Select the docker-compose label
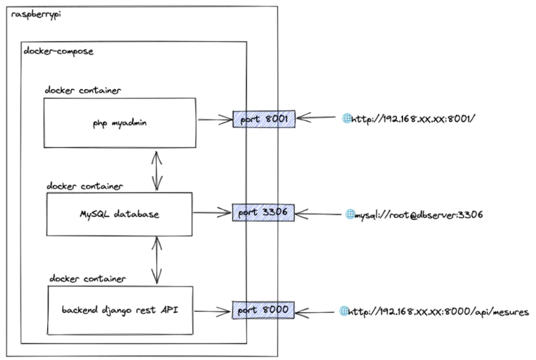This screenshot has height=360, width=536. tap(58, 51)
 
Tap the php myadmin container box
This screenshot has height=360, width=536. tap(120, 122)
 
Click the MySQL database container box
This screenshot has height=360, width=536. tap(119, 214)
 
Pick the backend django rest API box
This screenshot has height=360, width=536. tap(119, 310)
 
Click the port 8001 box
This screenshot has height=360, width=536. tap(264, 119)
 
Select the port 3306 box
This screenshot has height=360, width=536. tap(263, 213)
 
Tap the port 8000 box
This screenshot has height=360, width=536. tap(263, 311)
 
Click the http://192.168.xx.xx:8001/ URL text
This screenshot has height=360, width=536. tap(413, 119)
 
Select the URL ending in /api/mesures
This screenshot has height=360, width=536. tap(438, 312)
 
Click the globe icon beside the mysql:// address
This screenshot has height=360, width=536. tap(350, 214)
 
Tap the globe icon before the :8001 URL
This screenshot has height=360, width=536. tap(346, 119)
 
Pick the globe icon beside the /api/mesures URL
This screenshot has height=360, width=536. tap(343, 311)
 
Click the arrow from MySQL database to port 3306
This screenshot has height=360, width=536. tap(212, 213)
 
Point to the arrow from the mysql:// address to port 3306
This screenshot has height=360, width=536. tap(320, 214)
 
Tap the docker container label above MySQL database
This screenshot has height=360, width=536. tap(85, 185)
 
